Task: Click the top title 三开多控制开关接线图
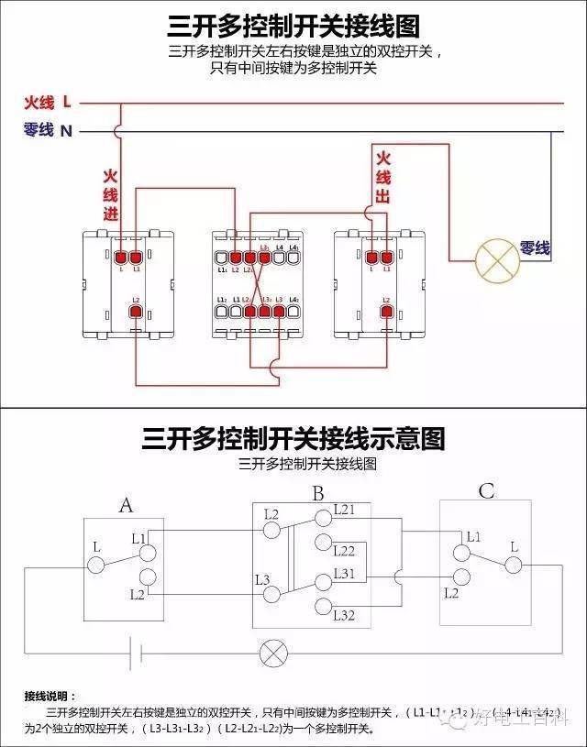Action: click(x=293, y=26)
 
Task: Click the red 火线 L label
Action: click(x=48, y=102)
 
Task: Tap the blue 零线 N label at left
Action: click(x=48, y=130)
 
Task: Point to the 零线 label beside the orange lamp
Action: click(x=535, y=247)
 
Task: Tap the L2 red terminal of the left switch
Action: click(x=136, y=313)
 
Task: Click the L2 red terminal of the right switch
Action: click(x=386, y=313)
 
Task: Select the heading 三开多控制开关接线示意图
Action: click(x=293, y=438)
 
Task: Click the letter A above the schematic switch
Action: click(x=127, y=505)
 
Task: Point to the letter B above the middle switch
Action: click(x=317, y=495)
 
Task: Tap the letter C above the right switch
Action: click(x=486, y=492)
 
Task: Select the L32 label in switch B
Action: click(x=345, y=614)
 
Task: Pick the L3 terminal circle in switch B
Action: click(x=271, y=594)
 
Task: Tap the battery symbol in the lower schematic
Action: click(x=138, y=654)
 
